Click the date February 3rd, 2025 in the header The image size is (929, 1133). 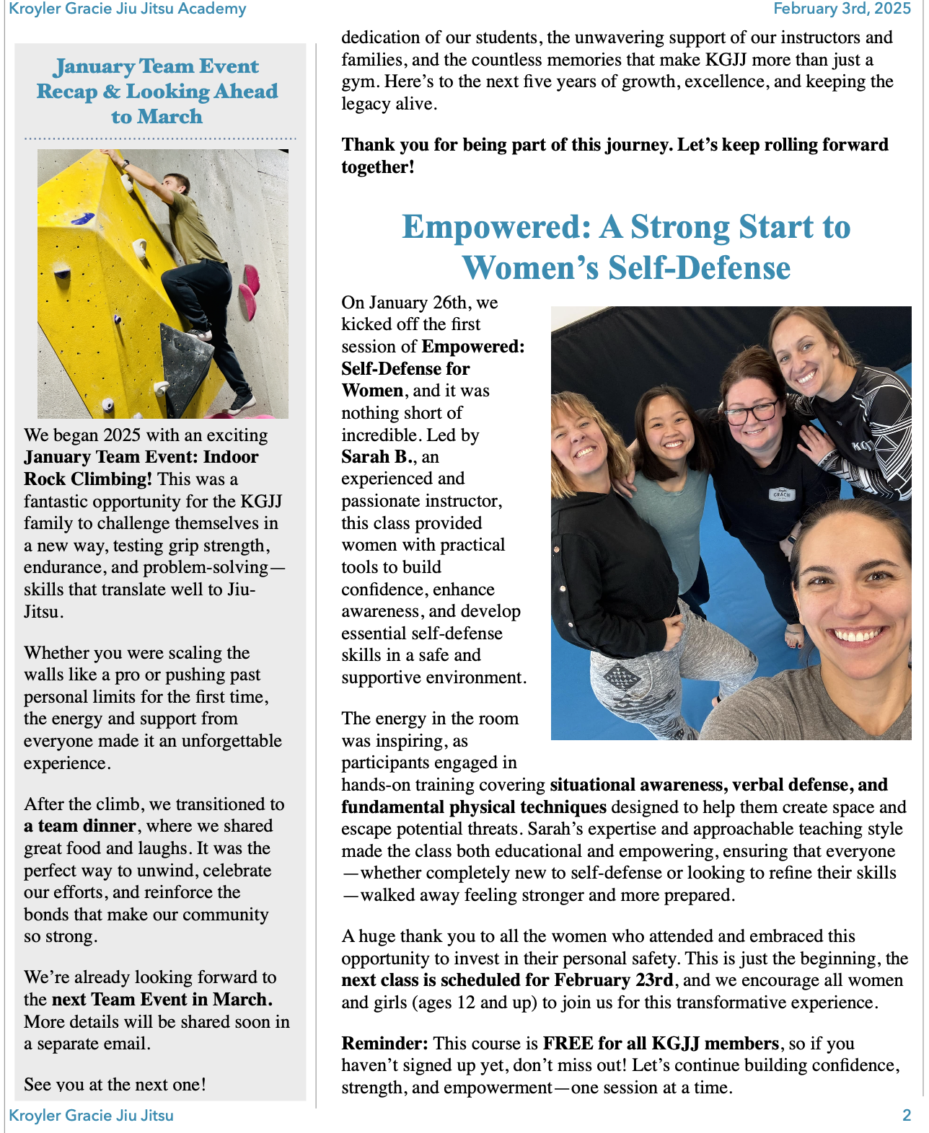(x=842, y=9)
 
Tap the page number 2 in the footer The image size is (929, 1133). (x=907, y=1116)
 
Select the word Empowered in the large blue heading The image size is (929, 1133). (x=497, y=227)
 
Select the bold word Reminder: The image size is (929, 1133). (x=384, y=1044)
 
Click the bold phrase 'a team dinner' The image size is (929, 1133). (x=80, y=826)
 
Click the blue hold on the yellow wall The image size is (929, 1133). (x=83, y=218)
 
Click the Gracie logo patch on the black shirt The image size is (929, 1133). (x=782, y=494)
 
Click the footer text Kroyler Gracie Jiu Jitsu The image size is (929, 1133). (x=92, y=1116)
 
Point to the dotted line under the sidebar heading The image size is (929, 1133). (x=160, y=138)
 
